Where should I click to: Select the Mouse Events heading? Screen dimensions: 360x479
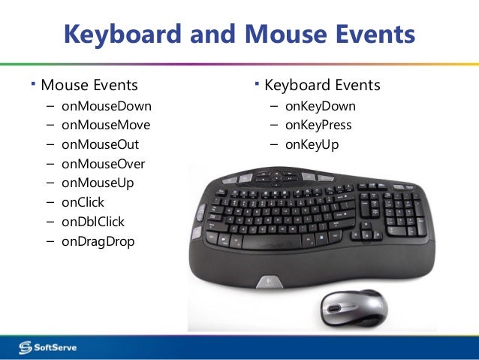tap(89, 85)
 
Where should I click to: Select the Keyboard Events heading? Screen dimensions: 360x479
tap(322, 85)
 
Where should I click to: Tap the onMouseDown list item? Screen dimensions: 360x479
tap(107, 106)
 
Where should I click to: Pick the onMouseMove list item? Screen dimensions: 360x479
tap(106, 125)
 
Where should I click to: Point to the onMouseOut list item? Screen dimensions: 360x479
tap(100, 144)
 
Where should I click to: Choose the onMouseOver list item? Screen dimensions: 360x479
tap(104, 164)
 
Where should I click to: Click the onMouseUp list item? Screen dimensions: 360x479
tap(98, 183)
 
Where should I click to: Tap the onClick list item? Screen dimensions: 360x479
tap(83, 202)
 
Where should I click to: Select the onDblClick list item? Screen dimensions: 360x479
tap(93, 222)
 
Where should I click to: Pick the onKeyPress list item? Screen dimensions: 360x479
tap(318, 125)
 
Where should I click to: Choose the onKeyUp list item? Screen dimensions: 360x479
tap(312, 144)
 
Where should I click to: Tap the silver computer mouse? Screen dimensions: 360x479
tap(354, 307)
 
